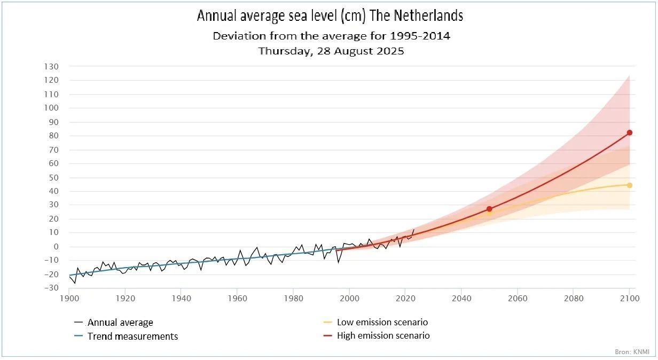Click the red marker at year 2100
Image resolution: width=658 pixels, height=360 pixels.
pyautogui.click(x=630, y=132)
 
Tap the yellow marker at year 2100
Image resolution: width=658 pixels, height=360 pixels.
pyautogui.click(x=630, y=185)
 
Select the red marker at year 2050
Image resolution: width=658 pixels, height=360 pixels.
pyautogui.click(x=489, y=209)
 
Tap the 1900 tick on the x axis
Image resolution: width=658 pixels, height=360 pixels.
pyautogui.click(x=69, y=298)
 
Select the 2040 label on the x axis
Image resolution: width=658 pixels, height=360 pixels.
pyautogui.click(x=461, y=298)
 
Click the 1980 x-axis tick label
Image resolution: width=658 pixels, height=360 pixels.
pyautogui.click(x=293, y=298)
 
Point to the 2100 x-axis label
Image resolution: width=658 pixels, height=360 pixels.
pyautogui.click(x=629, y=298)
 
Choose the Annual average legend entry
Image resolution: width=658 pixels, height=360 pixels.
pyautogui.click(x=120, y=323)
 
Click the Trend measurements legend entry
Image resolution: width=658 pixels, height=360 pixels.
pyautogui.click(x=132, y=336)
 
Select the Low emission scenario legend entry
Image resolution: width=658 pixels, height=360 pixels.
pyautogui.click(x=382, y=322)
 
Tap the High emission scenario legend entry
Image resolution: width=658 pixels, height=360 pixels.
pyautogui.click(x=383, y=336)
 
